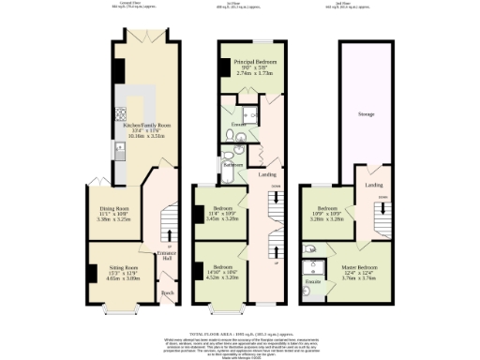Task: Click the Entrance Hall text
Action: [168, 253]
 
